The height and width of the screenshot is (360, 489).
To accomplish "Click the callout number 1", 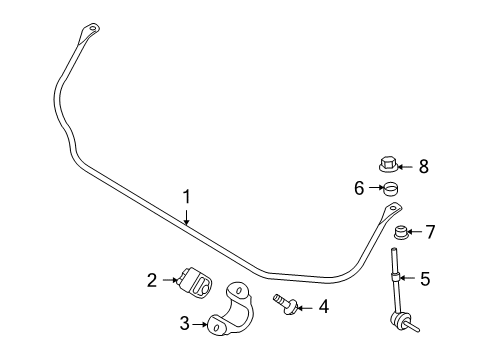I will pos(186,198).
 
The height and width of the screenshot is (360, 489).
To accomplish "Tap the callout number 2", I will pos(152,281).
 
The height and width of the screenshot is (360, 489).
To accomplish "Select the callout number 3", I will pos(183,323).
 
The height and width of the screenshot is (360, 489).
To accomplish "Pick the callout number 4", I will pos(322,308).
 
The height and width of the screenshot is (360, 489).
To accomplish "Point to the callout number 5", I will pos(424,279).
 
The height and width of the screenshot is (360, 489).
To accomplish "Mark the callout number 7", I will pos(430,232).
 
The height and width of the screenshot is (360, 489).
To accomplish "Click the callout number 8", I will pos(423,166).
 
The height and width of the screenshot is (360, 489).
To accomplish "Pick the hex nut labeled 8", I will pos(390,165).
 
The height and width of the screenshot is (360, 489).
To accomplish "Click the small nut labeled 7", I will pos(403,234).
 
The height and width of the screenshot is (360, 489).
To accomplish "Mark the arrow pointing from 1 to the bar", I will pos(186,218).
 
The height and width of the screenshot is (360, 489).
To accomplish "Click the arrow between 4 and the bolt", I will pos(304,308).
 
